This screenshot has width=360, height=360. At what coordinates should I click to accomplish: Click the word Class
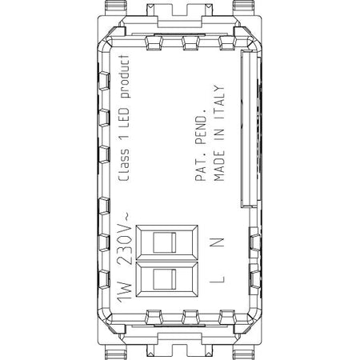point(124,166)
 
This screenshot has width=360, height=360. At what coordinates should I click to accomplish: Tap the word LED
point(124,118)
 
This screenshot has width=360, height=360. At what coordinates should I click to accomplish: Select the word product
point(124,77)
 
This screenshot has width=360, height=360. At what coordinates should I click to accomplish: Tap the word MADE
point(219,166)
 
